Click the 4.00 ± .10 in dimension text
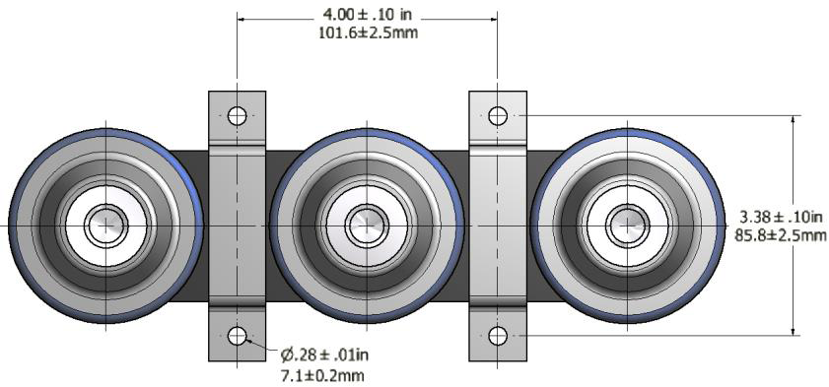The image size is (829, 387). [367, 13]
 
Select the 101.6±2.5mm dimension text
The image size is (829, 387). [368, 32]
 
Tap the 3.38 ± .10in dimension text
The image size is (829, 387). [781, 217]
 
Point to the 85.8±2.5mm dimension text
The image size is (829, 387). [781, 234]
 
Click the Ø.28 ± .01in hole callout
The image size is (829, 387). [324, 355]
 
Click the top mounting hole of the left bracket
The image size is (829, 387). [237, 115]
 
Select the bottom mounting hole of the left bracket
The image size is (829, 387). [237, 335]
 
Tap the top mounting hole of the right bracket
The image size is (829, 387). [498, 115]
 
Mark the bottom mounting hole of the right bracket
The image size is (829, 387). [498, 335]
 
